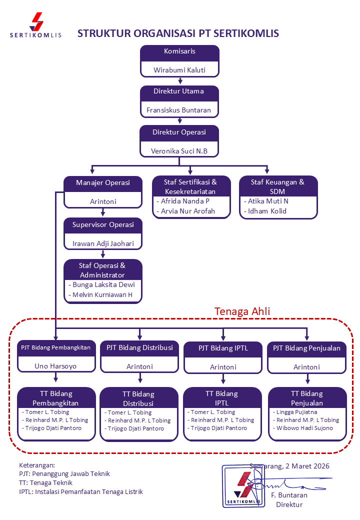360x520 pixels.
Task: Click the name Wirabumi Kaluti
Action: [179, 70]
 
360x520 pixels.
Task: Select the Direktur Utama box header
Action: [179, 91]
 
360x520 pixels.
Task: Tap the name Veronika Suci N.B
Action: [179, 150]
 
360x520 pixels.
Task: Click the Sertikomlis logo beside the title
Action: [36, 25]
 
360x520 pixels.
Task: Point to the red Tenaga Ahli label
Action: [242, 311]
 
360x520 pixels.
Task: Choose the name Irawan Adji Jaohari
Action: [103, 244]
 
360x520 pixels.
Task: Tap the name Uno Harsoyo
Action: [56, 366]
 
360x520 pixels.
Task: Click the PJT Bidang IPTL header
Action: [223, 348]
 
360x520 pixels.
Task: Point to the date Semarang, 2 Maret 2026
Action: [289, 466]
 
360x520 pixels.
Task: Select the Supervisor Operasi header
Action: [103, 225]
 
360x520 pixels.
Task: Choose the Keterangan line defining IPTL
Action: [81, 491]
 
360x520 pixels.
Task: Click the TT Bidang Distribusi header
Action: [139, 398]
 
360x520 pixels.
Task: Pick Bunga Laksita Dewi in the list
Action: [103, 284]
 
